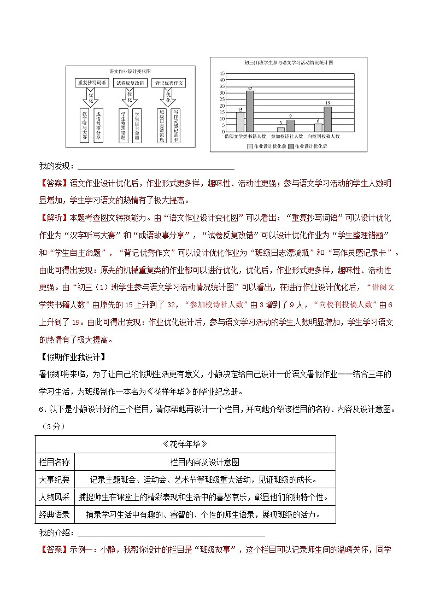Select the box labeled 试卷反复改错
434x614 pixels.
pos(130,83)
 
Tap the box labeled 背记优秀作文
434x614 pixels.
pos(169,83)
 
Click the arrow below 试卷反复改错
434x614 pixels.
pos(130,97)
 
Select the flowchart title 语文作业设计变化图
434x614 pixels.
pos(130,72)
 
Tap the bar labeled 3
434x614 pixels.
pos(280,130)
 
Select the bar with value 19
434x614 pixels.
pos(327,119)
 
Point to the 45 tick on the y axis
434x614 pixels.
pos(222,73)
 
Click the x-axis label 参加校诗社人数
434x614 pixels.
pos(286,136)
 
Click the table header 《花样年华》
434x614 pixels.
pos(185,443)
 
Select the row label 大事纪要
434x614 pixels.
pos(55,479)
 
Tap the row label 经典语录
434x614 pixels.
pos(55,514)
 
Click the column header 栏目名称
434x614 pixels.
pos(55,462)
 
